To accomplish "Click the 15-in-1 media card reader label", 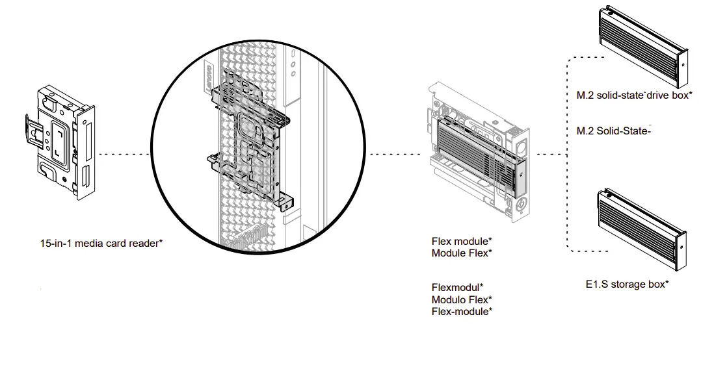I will [x=101, y=244].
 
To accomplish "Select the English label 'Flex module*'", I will [x=461, y=242].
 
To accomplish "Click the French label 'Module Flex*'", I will [x=461, y=253].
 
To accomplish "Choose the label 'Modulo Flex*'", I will [x=461, y=299].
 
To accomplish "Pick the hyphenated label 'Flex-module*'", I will [x=461, y=312].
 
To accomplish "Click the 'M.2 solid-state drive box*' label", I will [x=634, y=95].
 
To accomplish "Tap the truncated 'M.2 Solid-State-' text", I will [x=614, y=131].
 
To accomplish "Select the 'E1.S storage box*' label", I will [x=627, y=284].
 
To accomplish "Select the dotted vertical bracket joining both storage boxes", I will [x=568, y=155].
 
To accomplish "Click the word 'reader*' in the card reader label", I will [x=146, y=244].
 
